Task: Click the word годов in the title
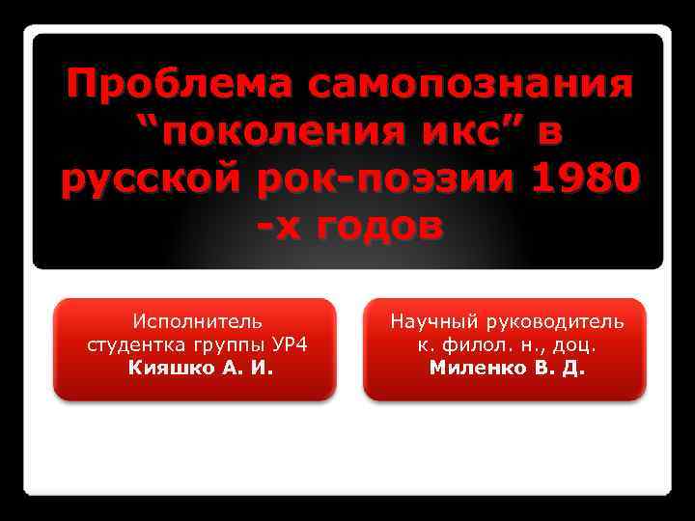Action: pos(372,227)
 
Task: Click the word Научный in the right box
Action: pos(431,320)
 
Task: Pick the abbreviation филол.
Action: pos(468,343)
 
